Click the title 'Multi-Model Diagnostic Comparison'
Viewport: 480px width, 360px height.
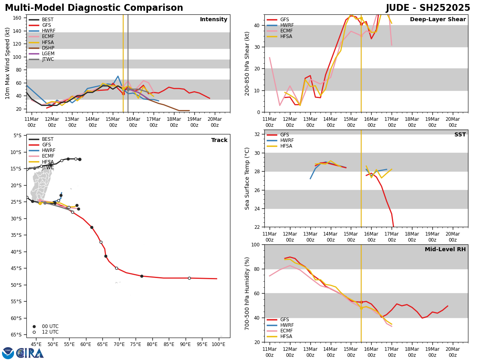point(94,8)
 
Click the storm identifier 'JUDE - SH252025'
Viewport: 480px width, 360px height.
point(428,8)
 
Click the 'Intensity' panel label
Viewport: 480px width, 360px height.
point(213,20)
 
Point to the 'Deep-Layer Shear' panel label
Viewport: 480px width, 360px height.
point(438,20)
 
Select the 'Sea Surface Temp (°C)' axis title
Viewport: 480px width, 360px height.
point(248,178)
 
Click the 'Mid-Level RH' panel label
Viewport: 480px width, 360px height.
point(445,250)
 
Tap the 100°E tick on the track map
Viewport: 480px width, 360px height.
point(218,344)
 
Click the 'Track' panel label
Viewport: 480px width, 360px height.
point(219,140)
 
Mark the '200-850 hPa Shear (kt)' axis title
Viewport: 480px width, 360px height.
point(248,63)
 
